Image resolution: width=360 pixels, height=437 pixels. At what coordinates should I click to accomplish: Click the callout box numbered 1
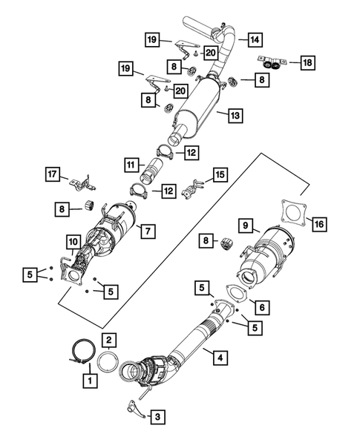pos(90,381)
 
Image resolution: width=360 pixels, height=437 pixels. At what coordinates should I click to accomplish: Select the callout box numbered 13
pos(235,116)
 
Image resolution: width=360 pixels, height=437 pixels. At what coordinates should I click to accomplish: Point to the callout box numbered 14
pos(254,39)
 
